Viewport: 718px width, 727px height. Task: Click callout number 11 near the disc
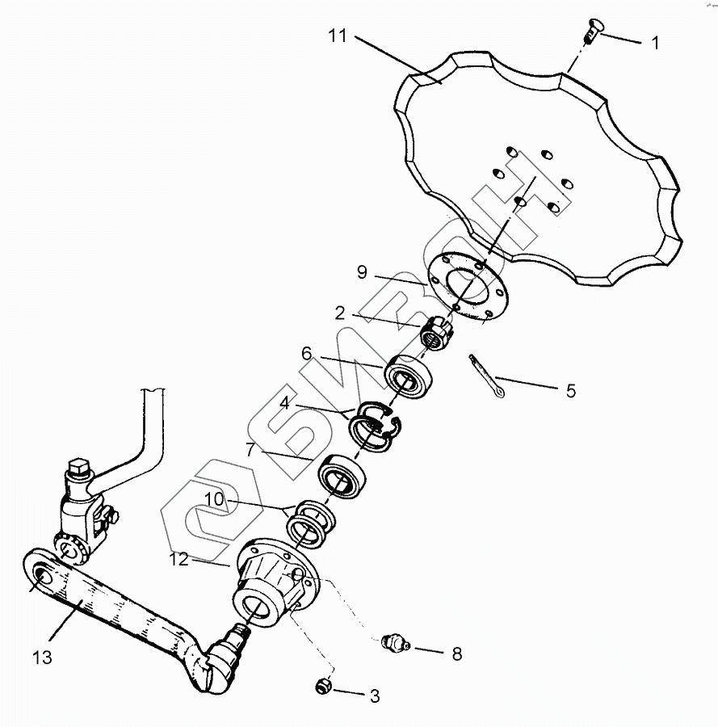coord(338,36)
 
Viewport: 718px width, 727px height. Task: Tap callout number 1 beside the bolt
coord(655,44)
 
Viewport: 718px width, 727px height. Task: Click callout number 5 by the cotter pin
coord(570,391)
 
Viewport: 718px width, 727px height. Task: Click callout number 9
coord(363,273)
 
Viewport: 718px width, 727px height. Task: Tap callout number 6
coord(307,353)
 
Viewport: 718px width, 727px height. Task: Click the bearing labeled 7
coord(342,477)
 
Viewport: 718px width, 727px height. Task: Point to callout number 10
coord(213,500)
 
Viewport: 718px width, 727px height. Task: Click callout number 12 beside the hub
coord(181,559)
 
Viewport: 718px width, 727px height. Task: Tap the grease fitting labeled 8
coord(393,644)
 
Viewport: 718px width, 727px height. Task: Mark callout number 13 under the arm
coord(42,658)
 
